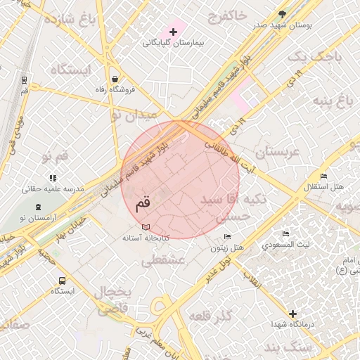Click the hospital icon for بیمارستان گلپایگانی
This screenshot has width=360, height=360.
173,32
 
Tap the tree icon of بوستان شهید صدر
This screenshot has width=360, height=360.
282,14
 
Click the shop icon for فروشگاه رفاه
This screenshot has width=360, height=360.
114,79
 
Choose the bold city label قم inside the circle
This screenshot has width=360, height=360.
141,205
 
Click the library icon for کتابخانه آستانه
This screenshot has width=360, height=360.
146,227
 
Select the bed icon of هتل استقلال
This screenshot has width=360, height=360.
323,176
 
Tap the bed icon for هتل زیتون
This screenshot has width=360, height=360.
226,237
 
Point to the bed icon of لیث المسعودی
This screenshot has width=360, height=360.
285,234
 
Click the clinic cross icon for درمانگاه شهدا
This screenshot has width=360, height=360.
292,314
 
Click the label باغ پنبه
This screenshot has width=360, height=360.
332,104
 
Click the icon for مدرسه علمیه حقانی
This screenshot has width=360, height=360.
53,179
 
